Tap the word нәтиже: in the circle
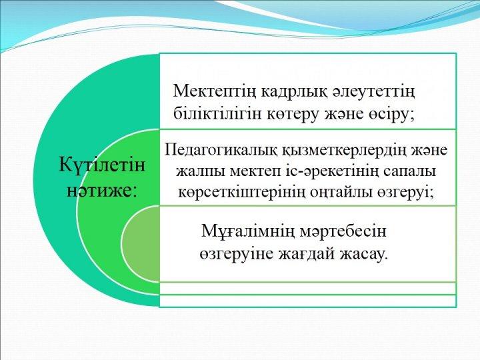[x=101, y=191]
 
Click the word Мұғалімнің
[x=248, y=231]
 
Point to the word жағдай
[x=307, y=255]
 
